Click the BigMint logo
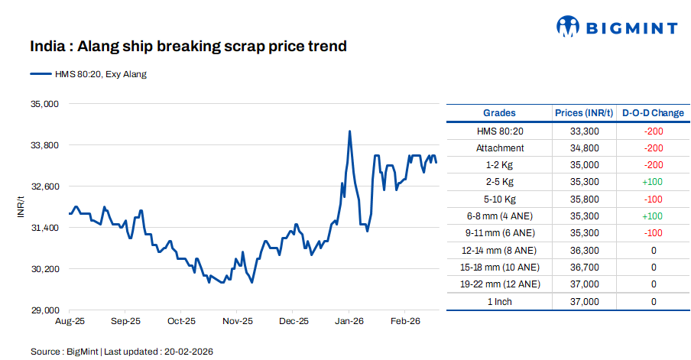(616, 28)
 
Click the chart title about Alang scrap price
(188, 47)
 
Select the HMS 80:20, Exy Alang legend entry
(88, 74)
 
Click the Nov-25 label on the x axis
(237, 322)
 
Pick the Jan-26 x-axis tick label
(349, 322)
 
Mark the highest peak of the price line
(349, 131)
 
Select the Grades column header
(499, 113)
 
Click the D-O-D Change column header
(653, 113)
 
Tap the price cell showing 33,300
(584, 131)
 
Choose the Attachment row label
(500, 148)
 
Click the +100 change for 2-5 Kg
(653, 183)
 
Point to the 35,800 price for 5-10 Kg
(584, 199)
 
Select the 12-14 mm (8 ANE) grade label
(500, 251)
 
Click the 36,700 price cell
(584, 268)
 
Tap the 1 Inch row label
(500, 302)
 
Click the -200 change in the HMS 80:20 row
(653, 131)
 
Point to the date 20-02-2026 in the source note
(187, 352)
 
